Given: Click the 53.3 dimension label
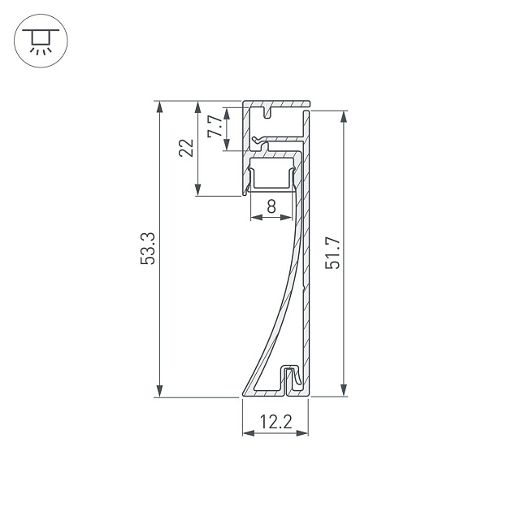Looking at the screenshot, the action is coord(148,249).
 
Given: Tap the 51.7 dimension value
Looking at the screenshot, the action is coord(332,254).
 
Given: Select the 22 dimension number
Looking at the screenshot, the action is coord(186,148).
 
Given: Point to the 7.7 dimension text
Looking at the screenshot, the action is coord(215,126).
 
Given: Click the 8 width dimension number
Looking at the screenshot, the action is coord(271,206).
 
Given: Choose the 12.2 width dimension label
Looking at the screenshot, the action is coord(276,422).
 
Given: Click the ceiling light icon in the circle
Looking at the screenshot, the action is coord(41,41).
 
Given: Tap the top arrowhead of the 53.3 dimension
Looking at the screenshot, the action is coord(159,106).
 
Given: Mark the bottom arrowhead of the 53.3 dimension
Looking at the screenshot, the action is coord(159,391).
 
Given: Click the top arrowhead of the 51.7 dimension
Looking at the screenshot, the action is coord(344,117).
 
